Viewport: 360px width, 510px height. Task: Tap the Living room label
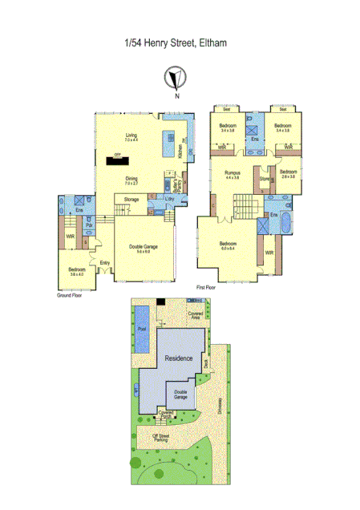pyautogui.click(x=131, y=138)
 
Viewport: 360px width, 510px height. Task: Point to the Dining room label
pyautogui.click(x=131, y=180)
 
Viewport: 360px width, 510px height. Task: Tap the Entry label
pyautogui.click(x=104, y=262)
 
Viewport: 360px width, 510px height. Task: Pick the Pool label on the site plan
pyautogui.click(x=143, y=329)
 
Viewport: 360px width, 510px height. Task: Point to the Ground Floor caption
pyautogui.click(x=70, y=295)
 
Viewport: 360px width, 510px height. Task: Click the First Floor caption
pyautogui.click(x=208, y=286)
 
